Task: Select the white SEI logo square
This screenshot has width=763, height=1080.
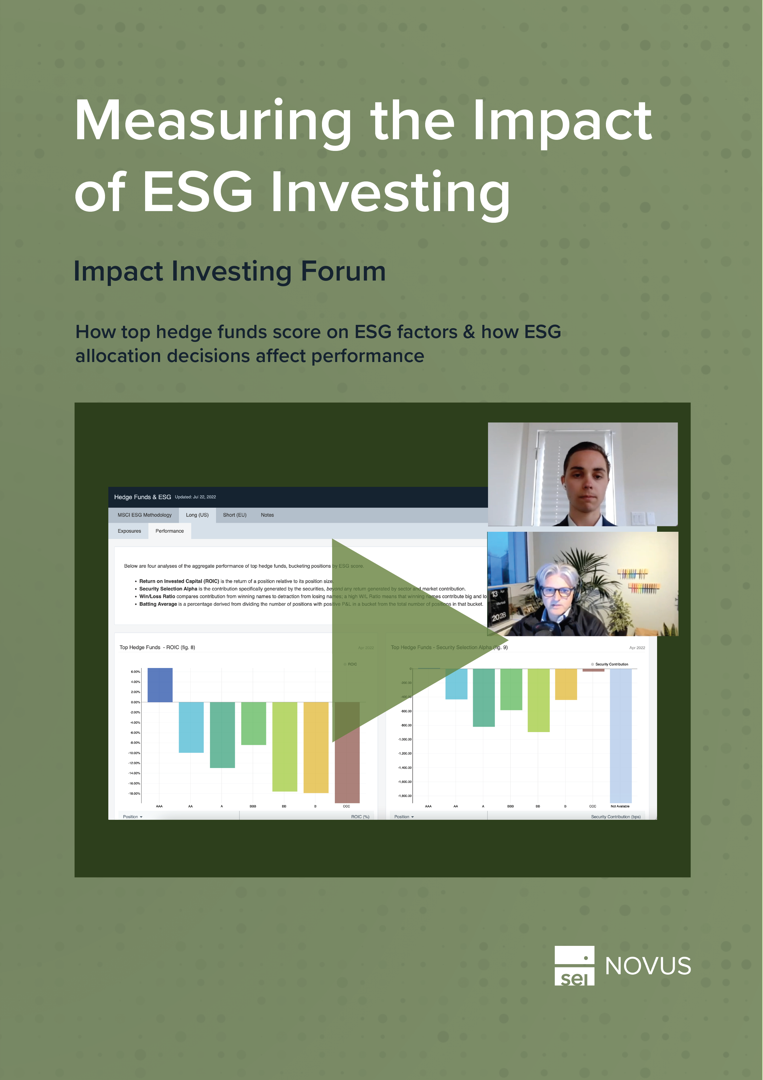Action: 574,966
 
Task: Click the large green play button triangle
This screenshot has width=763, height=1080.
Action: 399,640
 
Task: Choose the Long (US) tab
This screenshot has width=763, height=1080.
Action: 197,515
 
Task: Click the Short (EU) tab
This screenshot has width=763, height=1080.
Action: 235,515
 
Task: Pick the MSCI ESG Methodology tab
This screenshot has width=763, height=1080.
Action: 144,515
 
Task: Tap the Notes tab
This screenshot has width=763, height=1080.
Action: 267,515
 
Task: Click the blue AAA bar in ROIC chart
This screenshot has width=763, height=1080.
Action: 160,685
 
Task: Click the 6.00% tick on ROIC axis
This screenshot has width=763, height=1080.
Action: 135,672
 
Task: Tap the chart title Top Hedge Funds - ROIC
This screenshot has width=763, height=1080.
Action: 157,648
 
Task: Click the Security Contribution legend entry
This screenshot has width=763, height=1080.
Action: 611,664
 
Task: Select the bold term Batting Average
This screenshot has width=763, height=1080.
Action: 158,604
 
